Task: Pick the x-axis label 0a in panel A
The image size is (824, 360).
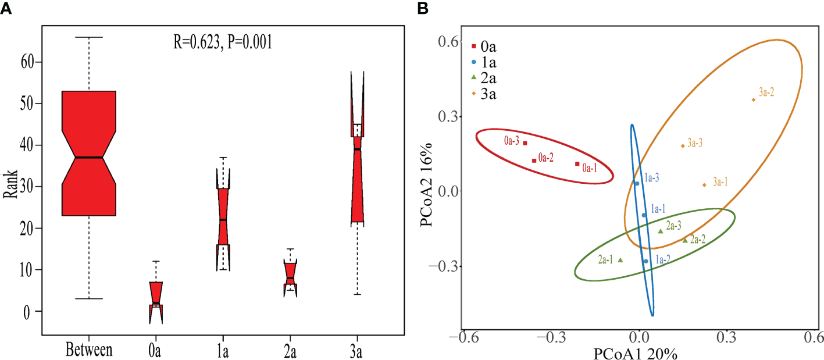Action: (156, 350)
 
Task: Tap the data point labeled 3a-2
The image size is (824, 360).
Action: (753, 99)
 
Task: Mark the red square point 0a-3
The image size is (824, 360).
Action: (525, 143)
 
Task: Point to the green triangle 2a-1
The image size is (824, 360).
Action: (620, 260)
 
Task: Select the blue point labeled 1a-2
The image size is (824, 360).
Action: (645, 261)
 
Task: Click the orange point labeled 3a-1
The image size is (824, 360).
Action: (704, 185)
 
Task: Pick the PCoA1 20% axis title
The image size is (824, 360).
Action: (635, 352)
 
